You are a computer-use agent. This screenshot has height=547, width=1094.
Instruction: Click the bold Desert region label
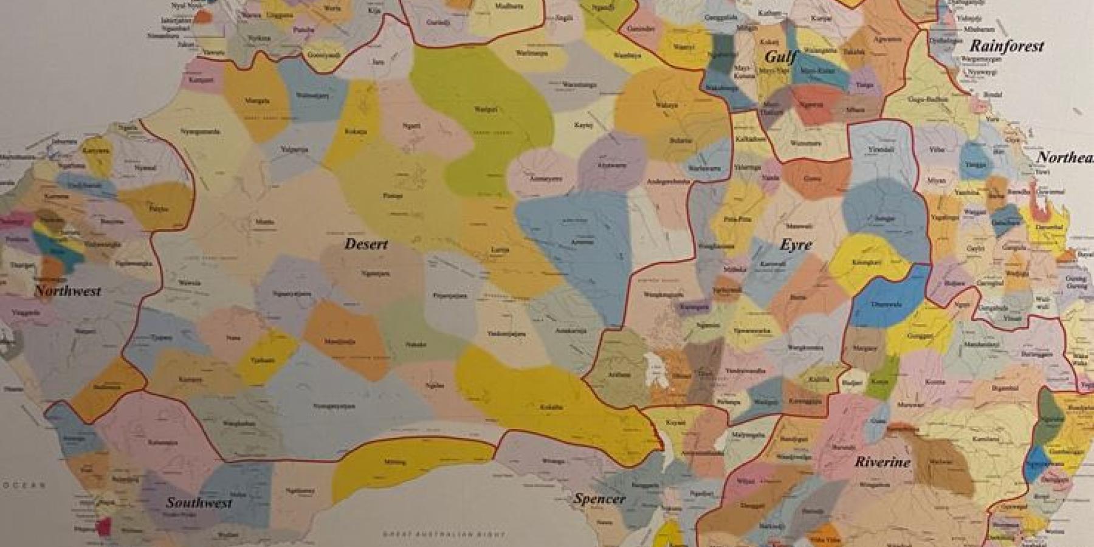point(366,244)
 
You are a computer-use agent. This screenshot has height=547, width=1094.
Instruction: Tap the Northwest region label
point(67,291)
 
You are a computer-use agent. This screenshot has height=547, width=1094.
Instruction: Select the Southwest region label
point(199,503)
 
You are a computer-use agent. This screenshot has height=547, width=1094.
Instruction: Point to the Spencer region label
point(599,499)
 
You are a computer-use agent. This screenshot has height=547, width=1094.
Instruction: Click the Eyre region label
point(796,244)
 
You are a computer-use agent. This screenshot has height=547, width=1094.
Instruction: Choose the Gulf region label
point(780,57)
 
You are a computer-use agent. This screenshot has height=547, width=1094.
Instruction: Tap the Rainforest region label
point(1006,46)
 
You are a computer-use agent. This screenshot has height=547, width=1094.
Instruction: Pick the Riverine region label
point(882,462)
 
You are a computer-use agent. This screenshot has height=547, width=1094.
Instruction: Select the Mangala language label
point(256,101)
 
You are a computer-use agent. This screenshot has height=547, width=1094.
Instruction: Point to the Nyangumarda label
point(200,131)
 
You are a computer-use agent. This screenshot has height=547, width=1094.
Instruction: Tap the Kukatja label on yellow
point(356,131)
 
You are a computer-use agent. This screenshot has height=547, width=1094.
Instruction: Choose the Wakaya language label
point(666,105)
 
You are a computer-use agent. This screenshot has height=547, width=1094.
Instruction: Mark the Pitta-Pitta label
point(737,219)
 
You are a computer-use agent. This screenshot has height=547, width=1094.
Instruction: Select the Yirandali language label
point(881,149)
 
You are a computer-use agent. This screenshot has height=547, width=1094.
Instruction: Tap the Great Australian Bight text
point(444,534)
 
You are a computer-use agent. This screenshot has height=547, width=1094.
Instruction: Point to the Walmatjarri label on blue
point(312,95)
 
